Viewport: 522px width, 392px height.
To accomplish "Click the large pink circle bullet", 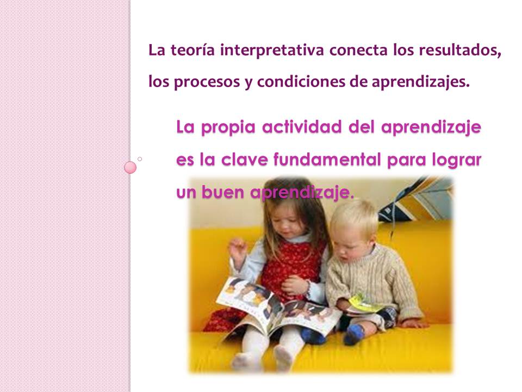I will click(x=130, y=167).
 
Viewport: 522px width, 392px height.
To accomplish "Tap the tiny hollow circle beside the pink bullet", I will click(x=140, y=159).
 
